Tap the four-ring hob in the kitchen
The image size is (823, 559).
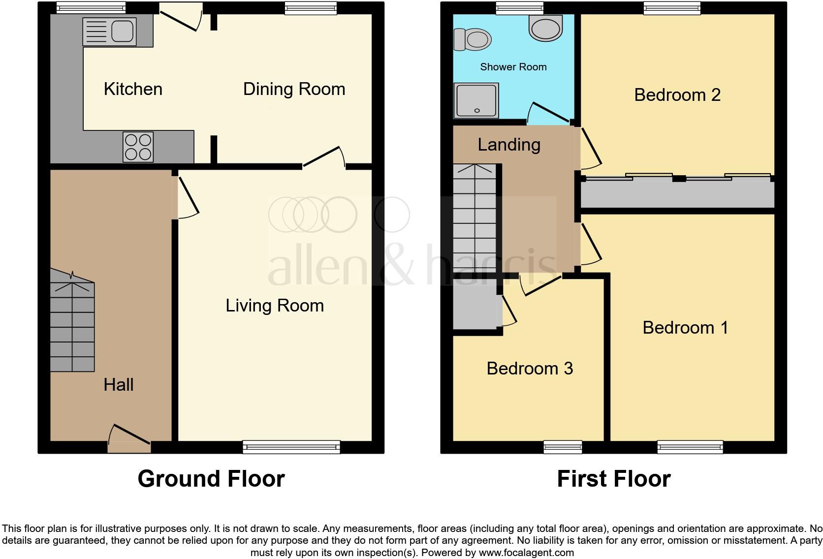[x=138, y=147]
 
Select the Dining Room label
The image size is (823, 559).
[x=294, y=89]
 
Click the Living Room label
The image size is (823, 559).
[x=275, y=306]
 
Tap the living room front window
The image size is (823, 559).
[x=291, y=447]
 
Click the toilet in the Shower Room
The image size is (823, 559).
[x=473, y=39]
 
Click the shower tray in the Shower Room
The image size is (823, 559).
[x=476, y=100]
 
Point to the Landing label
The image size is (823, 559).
[x=509, y=145]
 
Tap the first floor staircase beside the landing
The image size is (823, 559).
[x=475, y=217]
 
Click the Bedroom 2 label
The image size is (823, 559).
[x=677, y=94]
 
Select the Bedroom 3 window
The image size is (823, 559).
[x=563, y=447]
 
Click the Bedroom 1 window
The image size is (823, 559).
[x=690, y=447]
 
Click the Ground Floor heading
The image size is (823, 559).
[x=211, y=478]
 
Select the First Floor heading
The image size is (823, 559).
[x=613, y=478]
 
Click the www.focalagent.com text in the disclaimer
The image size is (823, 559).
[x=526, y=553]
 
